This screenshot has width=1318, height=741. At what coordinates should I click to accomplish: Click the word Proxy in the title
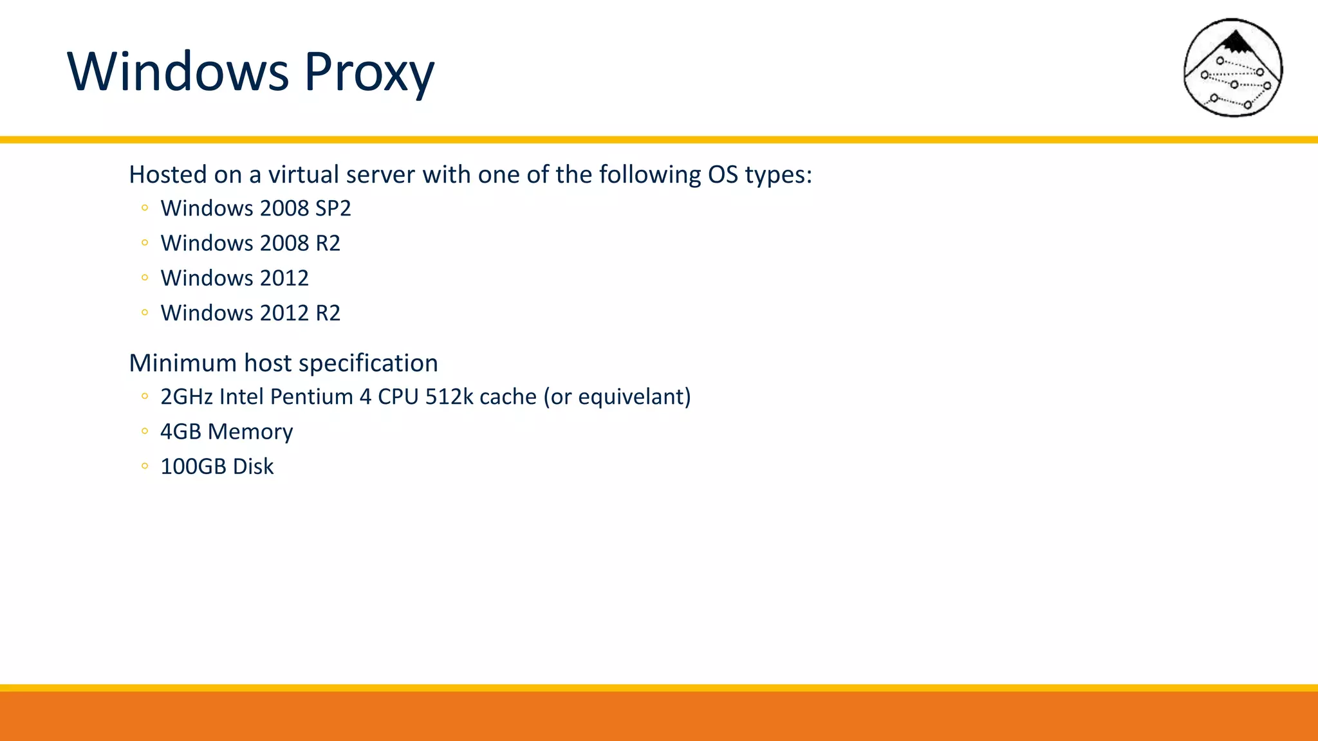(x=369, y=72)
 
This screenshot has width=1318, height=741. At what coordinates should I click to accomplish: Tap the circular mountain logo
(x=1233, y=68)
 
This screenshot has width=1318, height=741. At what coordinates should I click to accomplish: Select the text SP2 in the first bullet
(x=333, y=208)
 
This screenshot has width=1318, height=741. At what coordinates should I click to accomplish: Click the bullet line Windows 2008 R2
(x=250, y=243)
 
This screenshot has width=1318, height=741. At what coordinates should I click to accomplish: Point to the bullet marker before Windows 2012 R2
(x=145, y=313)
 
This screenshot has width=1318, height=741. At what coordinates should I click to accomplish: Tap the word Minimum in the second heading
(x=183, y=363)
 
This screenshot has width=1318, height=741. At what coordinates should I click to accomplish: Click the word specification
(x=368, y=363)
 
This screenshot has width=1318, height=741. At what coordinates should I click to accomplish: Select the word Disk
(x=253, y=466)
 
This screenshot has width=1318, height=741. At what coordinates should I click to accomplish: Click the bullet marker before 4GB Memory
(x=145, y=432)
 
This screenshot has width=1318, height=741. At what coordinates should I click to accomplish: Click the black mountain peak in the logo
(x=1235, y=42)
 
